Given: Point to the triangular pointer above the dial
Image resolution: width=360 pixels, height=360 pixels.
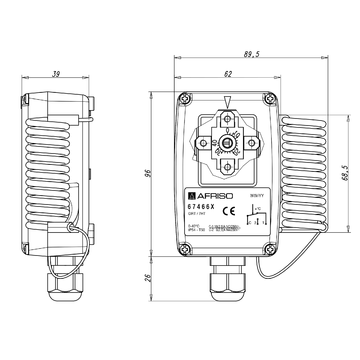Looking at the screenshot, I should pyautogui.click(x=229, y=102).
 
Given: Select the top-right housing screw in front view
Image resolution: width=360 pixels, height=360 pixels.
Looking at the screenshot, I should pyautogui.click(x=273, y=98).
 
